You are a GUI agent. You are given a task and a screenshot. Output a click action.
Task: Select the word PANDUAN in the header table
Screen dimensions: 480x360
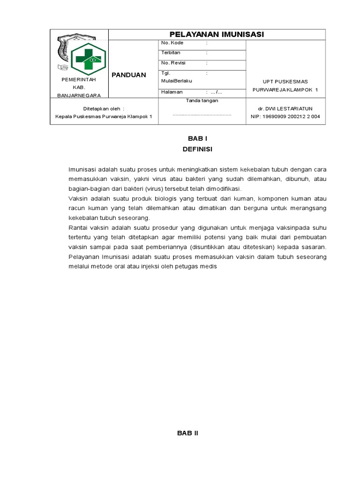pos(128,75)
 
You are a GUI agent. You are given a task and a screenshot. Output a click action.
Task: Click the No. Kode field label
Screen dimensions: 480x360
pos(172,43)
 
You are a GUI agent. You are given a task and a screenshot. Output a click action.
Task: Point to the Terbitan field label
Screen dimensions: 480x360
pos(171,53)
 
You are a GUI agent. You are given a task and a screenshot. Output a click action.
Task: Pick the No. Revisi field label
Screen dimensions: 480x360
pos(173,63)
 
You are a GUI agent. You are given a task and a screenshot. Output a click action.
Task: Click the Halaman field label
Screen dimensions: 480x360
pos(172,92)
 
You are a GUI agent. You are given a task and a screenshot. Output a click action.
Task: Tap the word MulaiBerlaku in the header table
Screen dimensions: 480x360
pos(176,81)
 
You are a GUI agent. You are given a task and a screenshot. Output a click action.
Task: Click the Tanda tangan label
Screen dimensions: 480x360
pos(202,100)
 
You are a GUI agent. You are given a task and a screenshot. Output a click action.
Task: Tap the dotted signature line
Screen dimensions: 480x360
pos(202,114)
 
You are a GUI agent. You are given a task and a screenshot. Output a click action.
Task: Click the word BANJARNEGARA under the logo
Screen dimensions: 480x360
pos(79,95)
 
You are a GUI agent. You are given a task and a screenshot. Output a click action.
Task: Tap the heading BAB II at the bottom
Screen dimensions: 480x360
pos(187,433)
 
